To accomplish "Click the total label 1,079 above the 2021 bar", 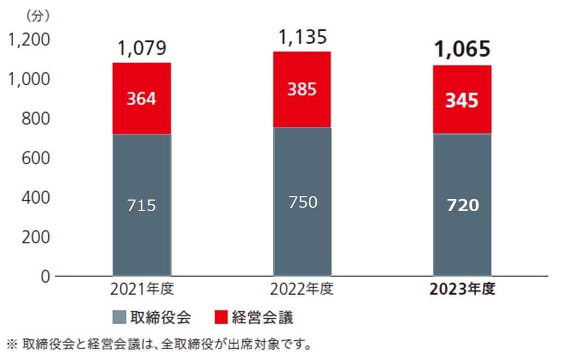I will coord(141,49).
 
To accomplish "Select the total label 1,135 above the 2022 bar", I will coord(302,37).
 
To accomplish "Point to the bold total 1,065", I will coord(462,50).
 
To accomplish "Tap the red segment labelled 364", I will coord(141,99).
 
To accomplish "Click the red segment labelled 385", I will coord(302,90).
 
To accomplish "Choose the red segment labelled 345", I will coord(462,100).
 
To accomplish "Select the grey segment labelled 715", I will coord(141,205).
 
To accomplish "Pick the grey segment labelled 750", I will coord(302,202).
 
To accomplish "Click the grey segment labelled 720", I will coord(462,205).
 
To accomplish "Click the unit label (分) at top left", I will coord(35,16).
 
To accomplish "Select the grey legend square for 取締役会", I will coord(119,317).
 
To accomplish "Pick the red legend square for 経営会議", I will coord(221,317).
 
